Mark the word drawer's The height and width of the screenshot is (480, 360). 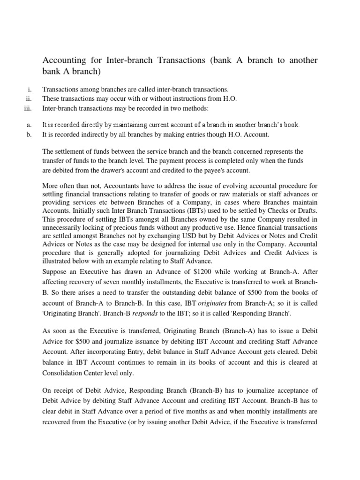(x=120, y=170)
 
